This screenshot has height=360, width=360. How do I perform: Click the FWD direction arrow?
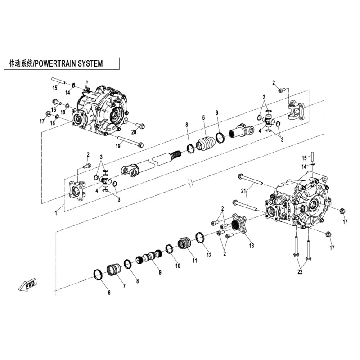click(x=28, y=285)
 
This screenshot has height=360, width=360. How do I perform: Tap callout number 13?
click(x=252, y=245)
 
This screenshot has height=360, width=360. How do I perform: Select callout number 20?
click(x=134, y=132)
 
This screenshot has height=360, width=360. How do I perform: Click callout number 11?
click(x=194, y=261)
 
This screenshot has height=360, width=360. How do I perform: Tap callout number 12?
click(x=209, y=255)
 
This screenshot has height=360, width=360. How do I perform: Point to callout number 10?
click(x=177, y=266)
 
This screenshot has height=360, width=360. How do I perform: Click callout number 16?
click(x=54, y=109)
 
